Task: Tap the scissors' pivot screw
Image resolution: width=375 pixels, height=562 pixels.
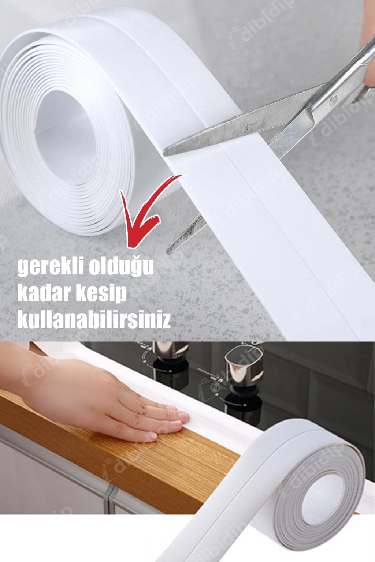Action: (333, 100)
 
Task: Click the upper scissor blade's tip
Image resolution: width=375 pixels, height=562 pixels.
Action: (164, 153)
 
